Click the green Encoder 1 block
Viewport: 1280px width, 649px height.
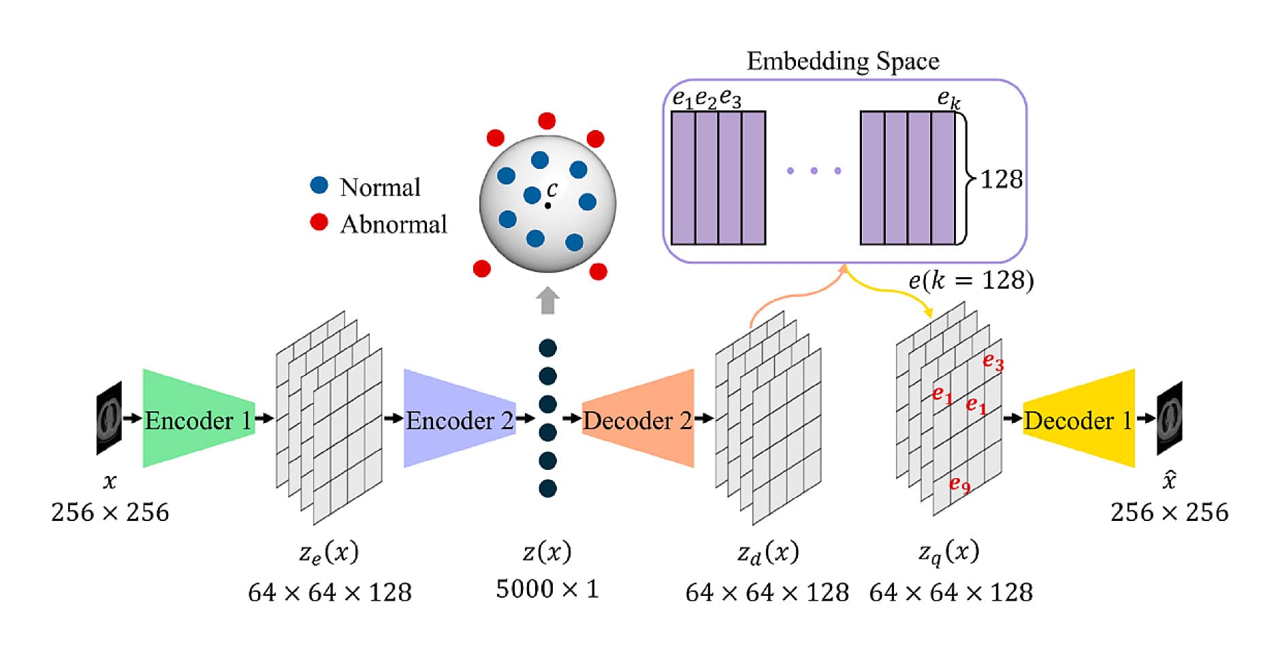pos(197,419)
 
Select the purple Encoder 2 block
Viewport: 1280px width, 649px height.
pos(459,419)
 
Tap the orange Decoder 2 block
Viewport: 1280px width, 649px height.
pos(639,419)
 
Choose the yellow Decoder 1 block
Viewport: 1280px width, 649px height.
pos(1078,419)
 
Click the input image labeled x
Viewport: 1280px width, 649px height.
pos(109,417)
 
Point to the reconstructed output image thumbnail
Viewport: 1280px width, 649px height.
pos(1170,417)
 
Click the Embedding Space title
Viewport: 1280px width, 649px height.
pos(843,61)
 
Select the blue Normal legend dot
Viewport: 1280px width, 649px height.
pos(319,185)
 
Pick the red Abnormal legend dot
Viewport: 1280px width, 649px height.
pos(319,222)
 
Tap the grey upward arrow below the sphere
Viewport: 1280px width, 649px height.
pos(547,300)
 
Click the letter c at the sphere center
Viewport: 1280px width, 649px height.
pos(551,189)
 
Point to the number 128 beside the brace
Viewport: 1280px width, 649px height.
pos(1001,179)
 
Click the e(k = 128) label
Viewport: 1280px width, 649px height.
pos(971,280)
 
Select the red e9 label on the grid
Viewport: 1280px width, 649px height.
pos(959,484)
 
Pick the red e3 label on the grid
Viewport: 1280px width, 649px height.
pos(993,362)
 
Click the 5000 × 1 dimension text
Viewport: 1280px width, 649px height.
pos(547,589)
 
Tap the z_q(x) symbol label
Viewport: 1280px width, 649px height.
pos(949,552)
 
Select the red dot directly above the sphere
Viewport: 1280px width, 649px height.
pos(547,121)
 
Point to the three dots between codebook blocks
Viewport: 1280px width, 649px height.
pos(814,171)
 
